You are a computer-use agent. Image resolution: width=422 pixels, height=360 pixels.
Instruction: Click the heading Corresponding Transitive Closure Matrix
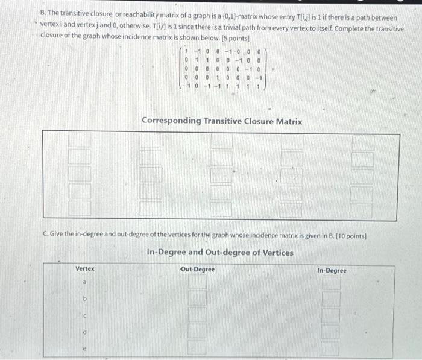coord(221,121)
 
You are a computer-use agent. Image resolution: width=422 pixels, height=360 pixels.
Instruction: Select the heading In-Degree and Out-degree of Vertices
coord(220,252)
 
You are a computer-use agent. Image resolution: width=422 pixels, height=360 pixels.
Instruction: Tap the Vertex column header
coord(84,270)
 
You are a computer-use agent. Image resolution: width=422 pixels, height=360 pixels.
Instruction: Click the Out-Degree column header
coord(197,270)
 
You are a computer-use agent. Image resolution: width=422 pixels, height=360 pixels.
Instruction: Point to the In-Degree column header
coord(331,270)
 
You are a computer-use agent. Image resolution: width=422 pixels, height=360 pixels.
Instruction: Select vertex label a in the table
coord(84,282)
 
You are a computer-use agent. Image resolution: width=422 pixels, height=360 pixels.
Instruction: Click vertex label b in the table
coord(84,298)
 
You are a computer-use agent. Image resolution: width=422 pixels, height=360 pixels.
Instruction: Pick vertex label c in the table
coord(84,315)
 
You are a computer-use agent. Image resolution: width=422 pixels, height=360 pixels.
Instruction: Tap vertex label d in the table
coord(84,331)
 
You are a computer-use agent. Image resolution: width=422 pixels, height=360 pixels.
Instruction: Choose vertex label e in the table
coord(84,348)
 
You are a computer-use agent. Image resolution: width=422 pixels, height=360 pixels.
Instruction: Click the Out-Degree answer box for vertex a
coord(197,282)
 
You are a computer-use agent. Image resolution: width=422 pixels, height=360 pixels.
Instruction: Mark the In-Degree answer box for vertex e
coord(331,348)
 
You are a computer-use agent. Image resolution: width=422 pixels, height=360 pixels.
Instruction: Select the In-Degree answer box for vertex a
coord(331,282)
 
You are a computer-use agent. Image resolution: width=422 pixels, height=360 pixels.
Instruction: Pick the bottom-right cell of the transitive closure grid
coord(362,210)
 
